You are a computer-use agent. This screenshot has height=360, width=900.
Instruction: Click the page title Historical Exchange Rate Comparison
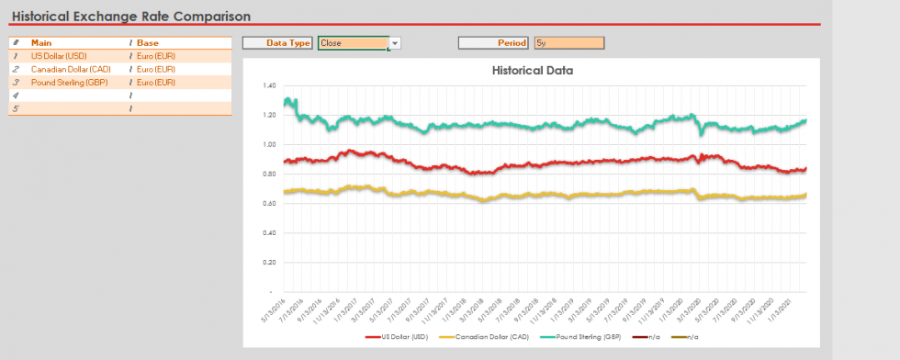pos(130,16)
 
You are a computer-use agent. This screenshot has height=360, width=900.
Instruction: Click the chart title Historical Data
pos(533,70)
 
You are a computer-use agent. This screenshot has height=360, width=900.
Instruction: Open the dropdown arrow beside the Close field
pos(395,43)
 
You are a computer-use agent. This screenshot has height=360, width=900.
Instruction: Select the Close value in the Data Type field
pos(353,43)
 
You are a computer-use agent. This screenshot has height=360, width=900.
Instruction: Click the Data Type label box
pos(278,43)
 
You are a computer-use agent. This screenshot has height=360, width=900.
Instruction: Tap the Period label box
pos(494,43)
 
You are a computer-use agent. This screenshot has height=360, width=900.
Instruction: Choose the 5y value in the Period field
pos(568,43)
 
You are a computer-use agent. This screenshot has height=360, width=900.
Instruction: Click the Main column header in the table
pos(41,43)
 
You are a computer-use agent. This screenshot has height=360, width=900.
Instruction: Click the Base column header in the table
pos(147,43)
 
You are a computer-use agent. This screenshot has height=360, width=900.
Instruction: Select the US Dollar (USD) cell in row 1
pos(59,56)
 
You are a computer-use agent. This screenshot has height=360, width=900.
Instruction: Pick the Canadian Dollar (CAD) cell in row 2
pos(71,69)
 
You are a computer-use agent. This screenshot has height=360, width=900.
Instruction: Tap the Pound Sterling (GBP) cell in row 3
pos(70,83)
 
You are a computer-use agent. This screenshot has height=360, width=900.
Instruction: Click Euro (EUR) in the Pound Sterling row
pos(156,83)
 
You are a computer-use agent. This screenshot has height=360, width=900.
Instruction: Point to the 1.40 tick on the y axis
pos(269,85)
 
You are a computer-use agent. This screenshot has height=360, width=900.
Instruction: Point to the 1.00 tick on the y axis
pos(269,144)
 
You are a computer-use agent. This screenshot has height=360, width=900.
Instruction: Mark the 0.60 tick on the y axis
pos(269,203)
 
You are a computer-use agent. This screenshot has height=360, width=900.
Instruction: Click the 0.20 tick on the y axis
pos(269,262)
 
